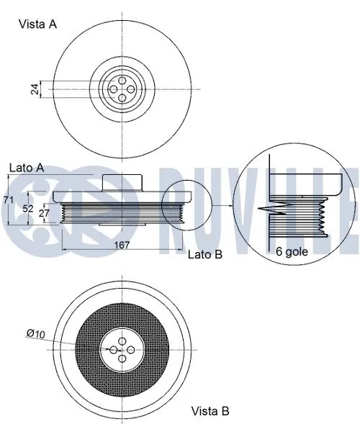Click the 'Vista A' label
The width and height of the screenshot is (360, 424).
[x=37, y=24]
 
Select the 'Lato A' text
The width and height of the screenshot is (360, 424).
[x=27, y=167]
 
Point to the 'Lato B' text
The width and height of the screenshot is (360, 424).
[x=205, y=254]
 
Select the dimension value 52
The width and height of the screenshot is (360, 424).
[x=27, y=208]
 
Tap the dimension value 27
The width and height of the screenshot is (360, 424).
[x=44, y=214]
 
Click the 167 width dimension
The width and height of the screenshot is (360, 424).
[x=122, y=245]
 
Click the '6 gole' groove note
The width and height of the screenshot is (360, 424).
[x=291, y=252]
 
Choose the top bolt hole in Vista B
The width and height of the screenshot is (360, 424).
[x=121, y=340]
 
